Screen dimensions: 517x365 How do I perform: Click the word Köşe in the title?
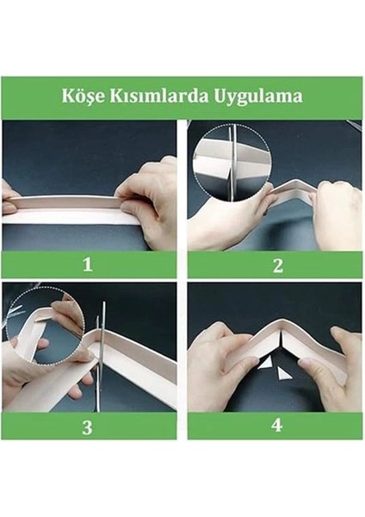point(83,96)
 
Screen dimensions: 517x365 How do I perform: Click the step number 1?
point(87,265)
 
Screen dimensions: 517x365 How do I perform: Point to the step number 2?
point(277,265)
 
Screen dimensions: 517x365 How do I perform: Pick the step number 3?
point(87,427)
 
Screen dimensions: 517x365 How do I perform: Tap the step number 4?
point(277,427)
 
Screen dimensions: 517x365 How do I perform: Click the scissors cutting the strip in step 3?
point(100,353)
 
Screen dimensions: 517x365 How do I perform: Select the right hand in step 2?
point(331,215)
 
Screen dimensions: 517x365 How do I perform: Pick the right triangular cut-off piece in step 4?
point(283,374)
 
